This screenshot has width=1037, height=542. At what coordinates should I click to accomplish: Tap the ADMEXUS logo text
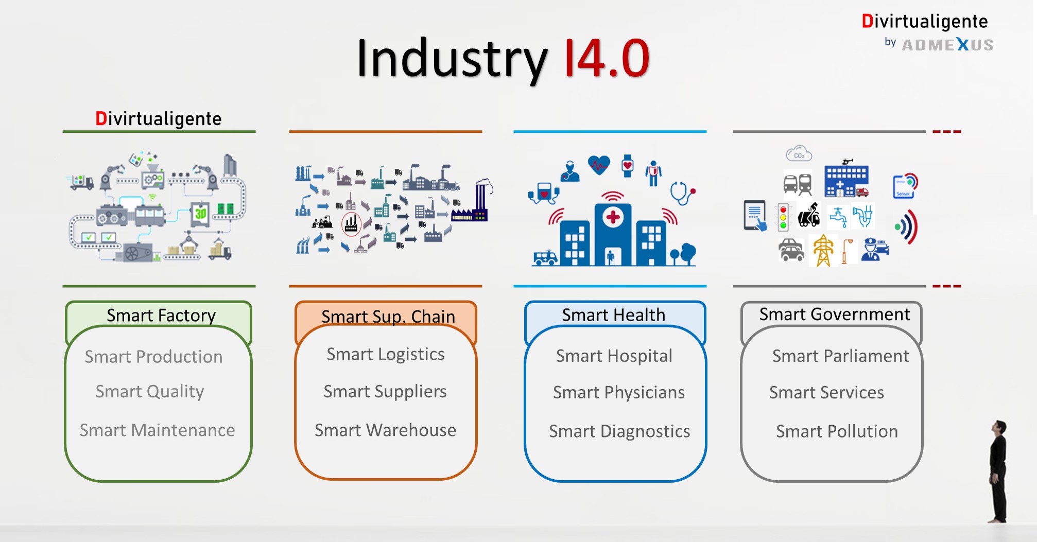pos(948,45)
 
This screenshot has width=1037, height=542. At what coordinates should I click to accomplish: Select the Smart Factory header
pos(161,315)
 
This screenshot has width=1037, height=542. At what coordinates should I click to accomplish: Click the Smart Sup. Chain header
pos(388,317)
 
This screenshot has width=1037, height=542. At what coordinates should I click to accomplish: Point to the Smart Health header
pos(613,314)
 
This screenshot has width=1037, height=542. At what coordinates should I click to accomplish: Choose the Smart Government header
pos(835,314)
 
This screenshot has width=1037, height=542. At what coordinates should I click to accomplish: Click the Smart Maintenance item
pos(157,430)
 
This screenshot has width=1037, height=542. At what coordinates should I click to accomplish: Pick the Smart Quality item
pos(150,392)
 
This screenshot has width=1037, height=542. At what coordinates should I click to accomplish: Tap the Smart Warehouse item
pos(385,430)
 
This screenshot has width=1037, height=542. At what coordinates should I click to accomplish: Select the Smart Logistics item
pos(386,354)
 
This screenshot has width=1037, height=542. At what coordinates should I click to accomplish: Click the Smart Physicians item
pos(619,393)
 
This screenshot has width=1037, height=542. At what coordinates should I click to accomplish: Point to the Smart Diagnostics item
pos(619,431)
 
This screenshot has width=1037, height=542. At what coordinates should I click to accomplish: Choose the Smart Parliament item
pos(840,356)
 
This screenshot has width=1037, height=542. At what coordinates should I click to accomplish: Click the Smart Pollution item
pos(837,431)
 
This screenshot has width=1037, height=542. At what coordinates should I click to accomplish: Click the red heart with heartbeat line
pos(599,165)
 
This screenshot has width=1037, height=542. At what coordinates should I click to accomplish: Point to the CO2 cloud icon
pos(799,154)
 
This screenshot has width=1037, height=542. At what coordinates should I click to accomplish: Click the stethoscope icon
pos(683,193)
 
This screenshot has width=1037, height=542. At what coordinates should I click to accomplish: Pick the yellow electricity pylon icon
pos(823,251)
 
